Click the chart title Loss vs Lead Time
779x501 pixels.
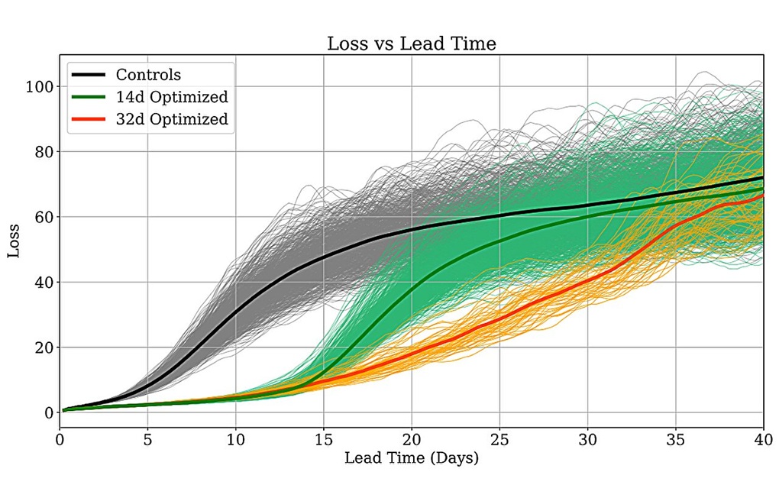point(412,44)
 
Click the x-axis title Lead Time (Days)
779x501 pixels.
point(412,458)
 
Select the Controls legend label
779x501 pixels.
point(148,75)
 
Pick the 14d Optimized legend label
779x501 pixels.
point(172,97)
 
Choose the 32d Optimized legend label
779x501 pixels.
point(172,119)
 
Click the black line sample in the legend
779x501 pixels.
point(89,75)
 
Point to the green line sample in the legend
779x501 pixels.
point(89,97)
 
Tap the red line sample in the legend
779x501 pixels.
point(89,119)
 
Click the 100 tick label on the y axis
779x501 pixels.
point(37,87)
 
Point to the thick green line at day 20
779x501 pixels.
point(412,291)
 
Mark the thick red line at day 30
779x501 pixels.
point(587,281)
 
